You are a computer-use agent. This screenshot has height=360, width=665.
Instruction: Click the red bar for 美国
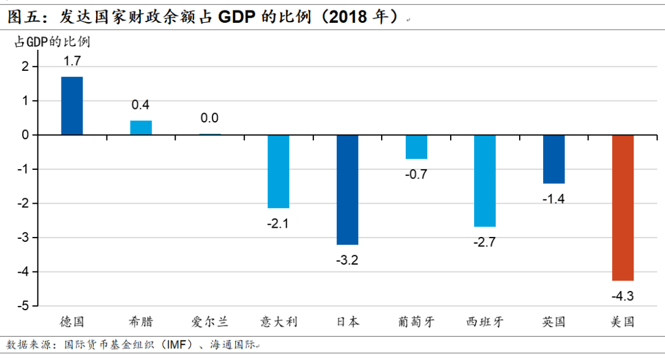click(x=623, y=207)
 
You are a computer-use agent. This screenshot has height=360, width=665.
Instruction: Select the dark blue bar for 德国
click(x=72, y=105)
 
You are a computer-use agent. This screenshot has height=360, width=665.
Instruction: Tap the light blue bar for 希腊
click(x=141, y=127)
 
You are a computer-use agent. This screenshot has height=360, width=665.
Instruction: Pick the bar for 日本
click(x=347, y=190)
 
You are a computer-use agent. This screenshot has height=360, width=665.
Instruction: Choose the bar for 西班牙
click(x=485, y=180)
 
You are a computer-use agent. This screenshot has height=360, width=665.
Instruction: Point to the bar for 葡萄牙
click(x=416, y=147)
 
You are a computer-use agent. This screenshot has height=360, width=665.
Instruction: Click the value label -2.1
click(x=278, y=224)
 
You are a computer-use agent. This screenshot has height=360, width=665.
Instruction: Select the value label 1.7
click(x=72, y=61)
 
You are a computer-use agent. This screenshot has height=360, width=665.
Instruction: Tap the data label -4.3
click(x=623, y=297)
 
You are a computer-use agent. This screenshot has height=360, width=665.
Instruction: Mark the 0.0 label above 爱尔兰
click(x=210, y=118)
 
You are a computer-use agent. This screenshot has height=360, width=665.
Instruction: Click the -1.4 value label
click(x=554, y=199)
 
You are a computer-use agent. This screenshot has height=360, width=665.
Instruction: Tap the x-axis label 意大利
click(x=279, y=322)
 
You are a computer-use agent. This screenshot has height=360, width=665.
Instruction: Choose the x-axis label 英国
click(x=554, y=322)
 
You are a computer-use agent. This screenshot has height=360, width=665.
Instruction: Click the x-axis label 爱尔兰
click(x=210, y=322)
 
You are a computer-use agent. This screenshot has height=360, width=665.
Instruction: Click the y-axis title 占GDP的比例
click(x=52, y=42)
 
